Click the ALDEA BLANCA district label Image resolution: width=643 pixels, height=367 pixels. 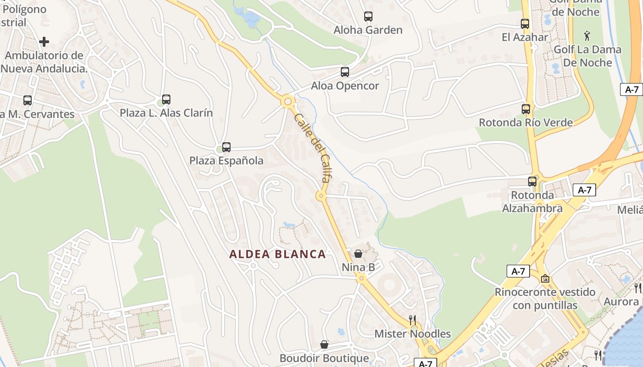tap(277, 254)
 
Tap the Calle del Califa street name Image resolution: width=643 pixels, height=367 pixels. tap(312, 148)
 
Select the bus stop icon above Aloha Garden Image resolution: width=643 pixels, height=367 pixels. tap(368, 17)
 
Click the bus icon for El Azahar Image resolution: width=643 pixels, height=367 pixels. tap(525, 24)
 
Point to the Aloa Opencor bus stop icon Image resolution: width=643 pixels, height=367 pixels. tap(345, 72)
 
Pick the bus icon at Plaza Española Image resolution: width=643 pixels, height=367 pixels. tap(226, 147)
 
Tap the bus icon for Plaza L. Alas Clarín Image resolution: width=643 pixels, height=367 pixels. tap(166, 99)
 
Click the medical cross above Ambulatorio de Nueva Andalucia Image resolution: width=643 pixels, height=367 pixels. tap(44, 42)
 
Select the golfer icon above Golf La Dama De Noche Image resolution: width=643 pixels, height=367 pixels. tap(587, 35)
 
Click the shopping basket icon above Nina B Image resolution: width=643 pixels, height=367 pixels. tap(358, 254)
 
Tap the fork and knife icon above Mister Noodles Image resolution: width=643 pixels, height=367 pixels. tap(412, 320)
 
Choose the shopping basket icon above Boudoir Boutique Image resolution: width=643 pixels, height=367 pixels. tap(324, 345)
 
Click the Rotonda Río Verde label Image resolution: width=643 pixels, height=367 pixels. tap(526, 122)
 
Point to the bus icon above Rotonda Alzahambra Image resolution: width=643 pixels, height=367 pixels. tap(532, 181)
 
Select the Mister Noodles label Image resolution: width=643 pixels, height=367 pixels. tap(412, 334)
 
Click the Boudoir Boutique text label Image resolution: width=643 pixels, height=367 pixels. tap(324, 358)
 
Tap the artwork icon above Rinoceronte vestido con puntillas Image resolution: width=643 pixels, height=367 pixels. tap(545, 278)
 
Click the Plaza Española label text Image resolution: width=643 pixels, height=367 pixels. tap(226, 161)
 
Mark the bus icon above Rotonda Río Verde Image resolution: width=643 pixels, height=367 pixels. tap(526, 109)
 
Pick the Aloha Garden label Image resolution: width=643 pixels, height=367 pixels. tap(368, 30)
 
